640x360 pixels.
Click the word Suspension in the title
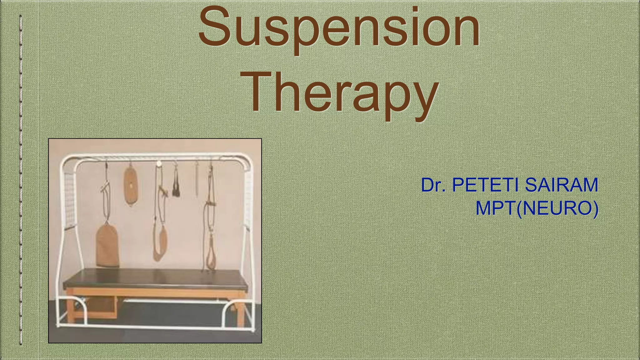click(x=339, y=30)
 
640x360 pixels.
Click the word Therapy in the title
click(x=342, y=92)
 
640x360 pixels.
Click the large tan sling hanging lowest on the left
click(x=107, y=245)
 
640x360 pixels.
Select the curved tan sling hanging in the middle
click(x=160, y=244)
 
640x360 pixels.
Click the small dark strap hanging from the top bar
click(x=176, y=186)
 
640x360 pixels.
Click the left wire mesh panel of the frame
click(x=69, y=200)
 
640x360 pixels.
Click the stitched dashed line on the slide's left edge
click(x=21, y=180)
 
